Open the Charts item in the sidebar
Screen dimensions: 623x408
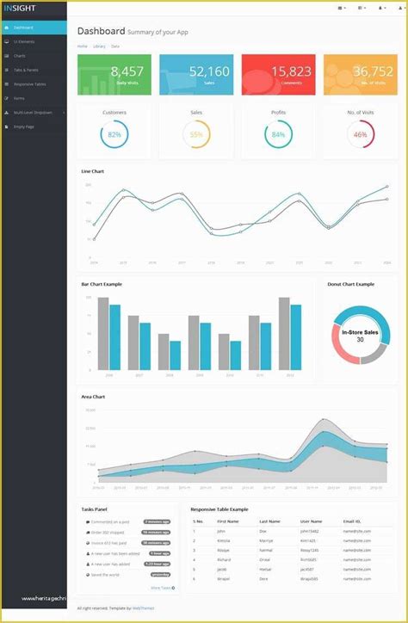click(x=20, y=55)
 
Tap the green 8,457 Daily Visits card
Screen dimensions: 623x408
click(x=114, y=75)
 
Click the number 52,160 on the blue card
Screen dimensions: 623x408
click(x=209, y=71)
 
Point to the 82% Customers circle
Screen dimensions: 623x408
click(x=114, y=134)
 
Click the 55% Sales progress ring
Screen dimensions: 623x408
click(x=196, y=134)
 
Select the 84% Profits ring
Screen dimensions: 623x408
click(x=278, y=134)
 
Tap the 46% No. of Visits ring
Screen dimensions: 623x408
click(x=360, y=134)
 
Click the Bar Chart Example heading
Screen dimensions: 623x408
click(x=102, y=284)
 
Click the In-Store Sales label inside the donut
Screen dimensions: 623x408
click(x=360, y=331)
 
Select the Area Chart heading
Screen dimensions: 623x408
click(x=93, y=397)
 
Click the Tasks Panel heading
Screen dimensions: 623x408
click(x=95, y=509)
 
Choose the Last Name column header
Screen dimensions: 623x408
click(x=269, y=521)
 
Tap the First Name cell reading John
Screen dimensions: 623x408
click(x=221, y=531)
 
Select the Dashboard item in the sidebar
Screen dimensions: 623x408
click(x=23, y=28)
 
